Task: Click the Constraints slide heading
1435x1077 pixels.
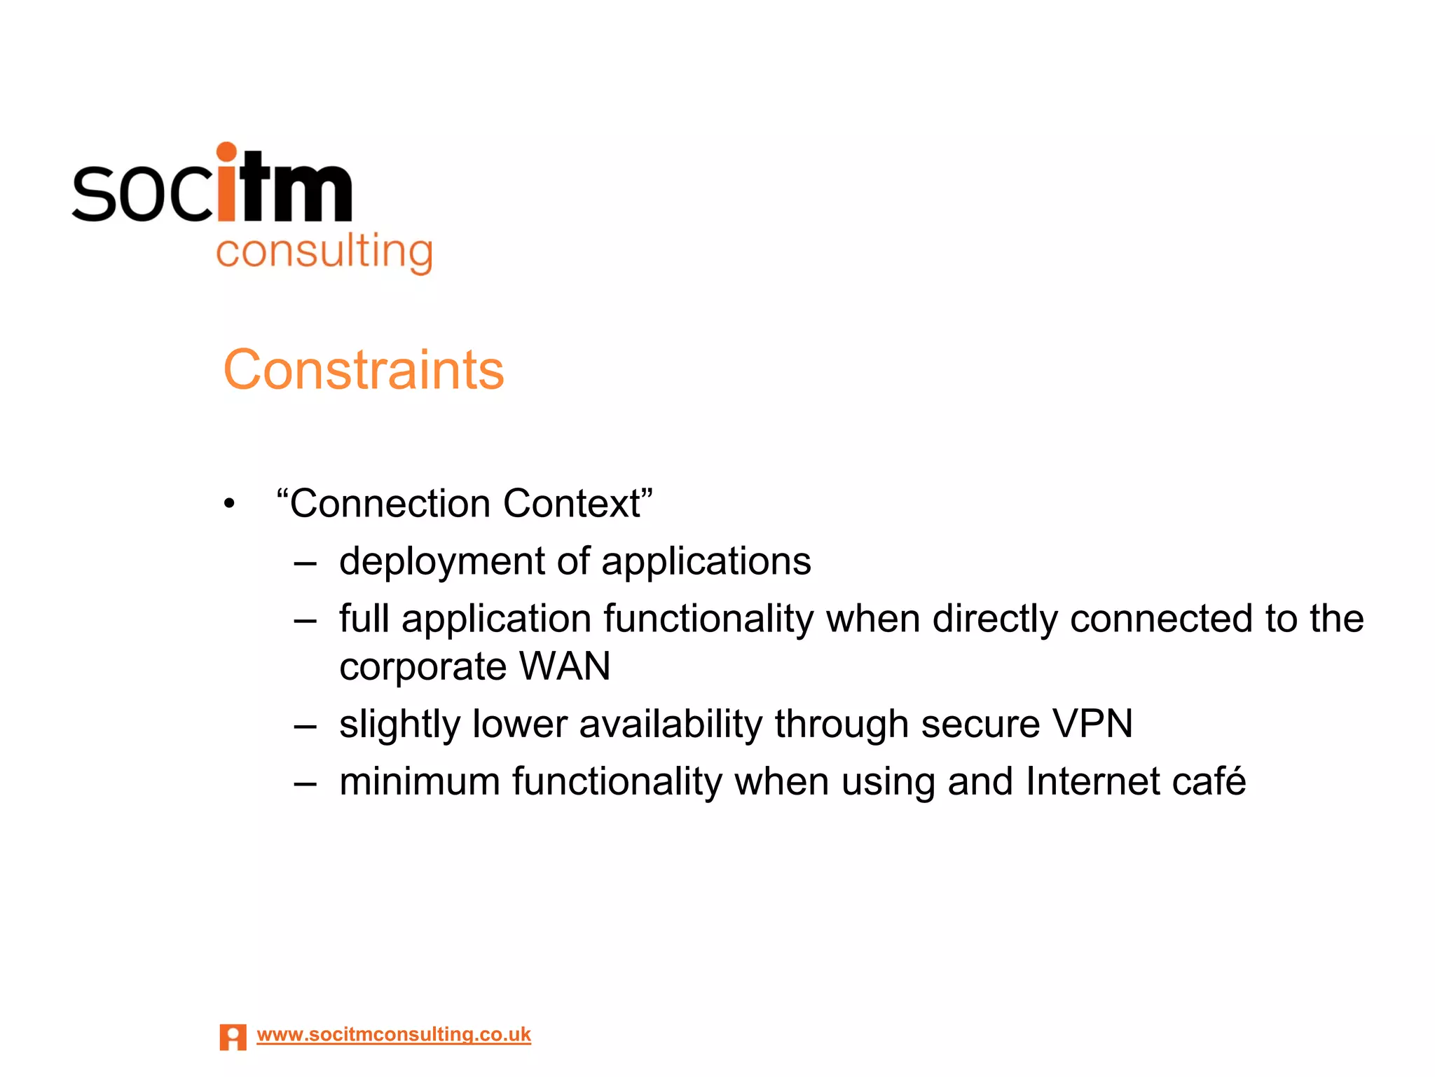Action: coord(363,369)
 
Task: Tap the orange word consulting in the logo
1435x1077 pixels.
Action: coord(324,252)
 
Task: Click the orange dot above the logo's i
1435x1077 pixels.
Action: coord(226,152)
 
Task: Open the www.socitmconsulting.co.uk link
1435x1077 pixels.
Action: coord(394,1034)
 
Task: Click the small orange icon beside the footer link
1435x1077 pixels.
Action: coord(233,1037)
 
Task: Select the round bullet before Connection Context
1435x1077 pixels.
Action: coord(229,504)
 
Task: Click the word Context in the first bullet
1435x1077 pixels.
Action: coord(578,503)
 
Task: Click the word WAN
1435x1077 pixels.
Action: coord(565,666)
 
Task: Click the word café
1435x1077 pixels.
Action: coord(1209,781)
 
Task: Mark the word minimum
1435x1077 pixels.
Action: coord(419,781)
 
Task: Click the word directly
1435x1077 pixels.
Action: coord(995,619)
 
